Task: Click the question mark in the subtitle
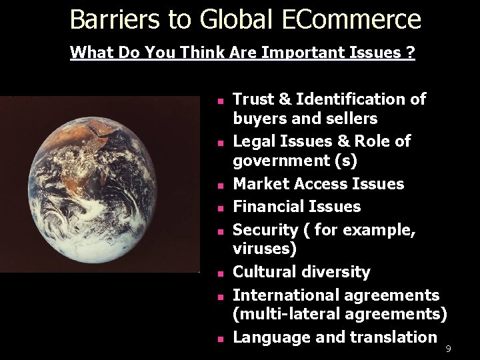411,52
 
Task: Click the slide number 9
449,349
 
